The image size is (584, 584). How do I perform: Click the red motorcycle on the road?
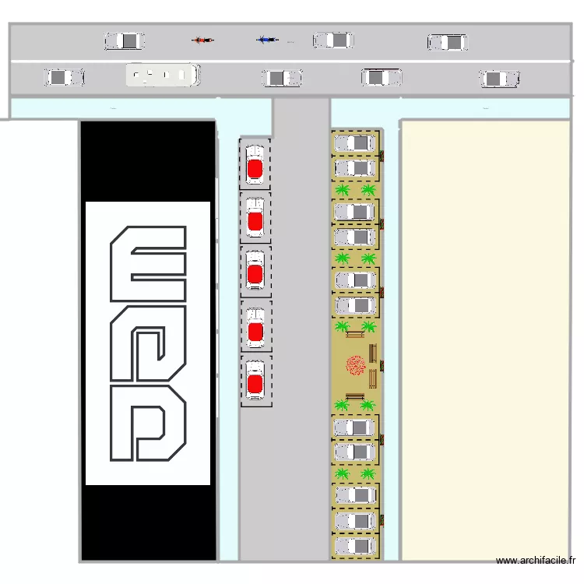203,40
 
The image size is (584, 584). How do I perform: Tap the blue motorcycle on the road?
267,39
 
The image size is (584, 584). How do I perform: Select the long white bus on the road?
163,75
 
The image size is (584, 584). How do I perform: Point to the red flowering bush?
356,365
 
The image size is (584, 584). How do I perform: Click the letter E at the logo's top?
149,264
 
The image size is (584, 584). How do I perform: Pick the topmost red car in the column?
255,165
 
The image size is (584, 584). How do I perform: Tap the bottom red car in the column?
255,382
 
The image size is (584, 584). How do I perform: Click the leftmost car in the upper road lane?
125,40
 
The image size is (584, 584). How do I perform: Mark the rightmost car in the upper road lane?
447,42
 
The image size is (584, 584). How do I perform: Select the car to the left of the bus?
64,77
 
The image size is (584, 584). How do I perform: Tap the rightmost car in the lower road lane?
500,79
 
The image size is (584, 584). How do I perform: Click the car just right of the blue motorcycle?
333,40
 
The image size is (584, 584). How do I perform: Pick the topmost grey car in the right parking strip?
355,143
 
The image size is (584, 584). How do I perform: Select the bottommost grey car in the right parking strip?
355,545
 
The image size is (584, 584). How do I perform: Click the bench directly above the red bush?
355,335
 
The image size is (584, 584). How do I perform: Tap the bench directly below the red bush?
355,396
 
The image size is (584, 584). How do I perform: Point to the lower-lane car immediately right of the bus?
282,78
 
